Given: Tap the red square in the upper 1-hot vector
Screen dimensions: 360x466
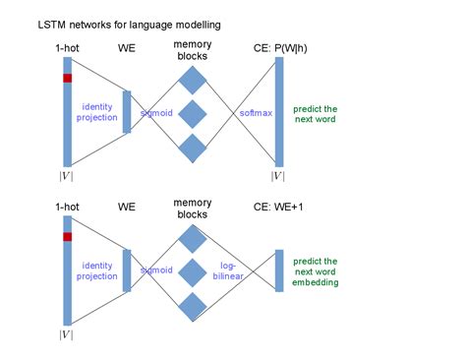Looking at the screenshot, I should [x=68, y=78].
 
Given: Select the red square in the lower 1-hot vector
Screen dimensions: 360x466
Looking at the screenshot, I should [x=68, y=236].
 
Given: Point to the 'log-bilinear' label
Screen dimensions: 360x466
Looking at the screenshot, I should [x=239, y=270].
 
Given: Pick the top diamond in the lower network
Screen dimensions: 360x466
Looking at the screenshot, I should [x=193, y=237].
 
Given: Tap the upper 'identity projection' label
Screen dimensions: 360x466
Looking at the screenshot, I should [x=95, y=111].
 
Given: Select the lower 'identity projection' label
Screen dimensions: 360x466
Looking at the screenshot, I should [x=95, y=270].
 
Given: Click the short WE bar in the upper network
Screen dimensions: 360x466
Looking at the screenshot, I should [x=127, y=112].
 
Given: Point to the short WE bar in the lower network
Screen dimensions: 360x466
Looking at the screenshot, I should [x=127, y=270].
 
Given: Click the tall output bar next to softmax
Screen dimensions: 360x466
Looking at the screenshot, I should [x=279, y=111].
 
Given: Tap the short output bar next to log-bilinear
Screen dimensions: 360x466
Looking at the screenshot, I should [x=279, y=270].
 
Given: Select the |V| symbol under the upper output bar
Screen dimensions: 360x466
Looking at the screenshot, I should [x=279, y=176].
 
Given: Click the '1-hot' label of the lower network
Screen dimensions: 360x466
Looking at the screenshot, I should [x=68, y=207].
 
